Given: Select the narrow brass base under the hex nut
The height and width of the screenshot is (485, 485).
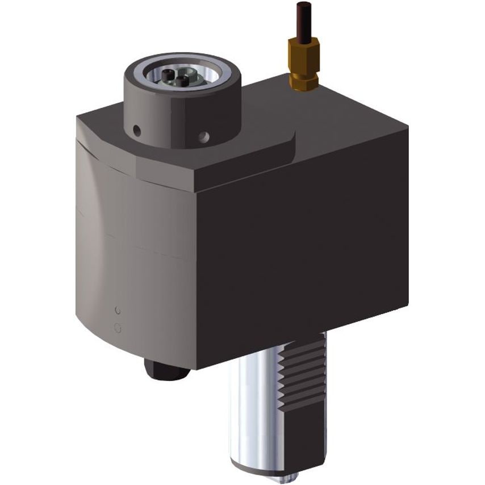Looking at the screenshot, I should (303, 82).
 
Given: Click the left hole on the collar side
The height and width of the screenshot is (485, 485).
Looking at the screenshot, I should (137, 131).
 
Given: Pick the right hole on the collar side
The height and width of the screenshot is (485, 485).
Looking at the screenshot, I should (204, 136).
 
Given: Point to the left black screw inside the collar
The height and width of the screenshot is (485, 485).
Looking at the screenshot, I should (166, 75).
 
